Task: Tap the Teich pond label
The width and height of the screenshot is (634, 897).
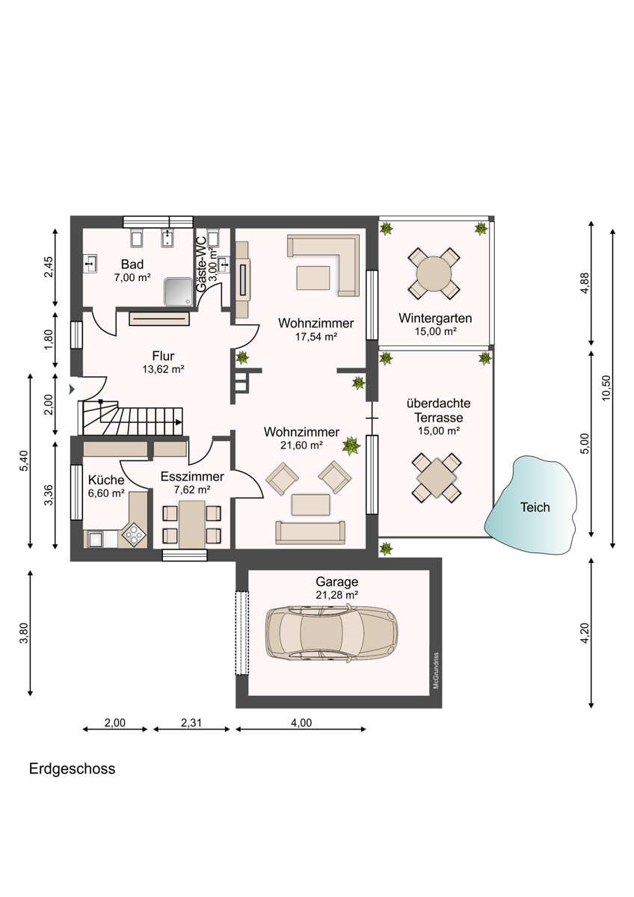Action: [535, 508]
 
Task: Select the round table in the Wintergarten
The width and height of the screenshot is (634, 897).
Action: [434, 274]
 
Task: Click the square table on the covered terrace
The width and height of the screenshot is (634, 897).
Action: [434, 476]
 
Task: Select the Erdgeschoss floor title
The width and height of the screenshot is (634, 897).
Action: [73, 768]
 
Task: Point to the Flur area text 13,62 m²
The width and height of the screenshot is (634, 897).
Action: [163, 369]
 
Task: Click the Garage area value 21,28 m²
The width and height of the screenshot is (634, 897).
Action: [336, 594]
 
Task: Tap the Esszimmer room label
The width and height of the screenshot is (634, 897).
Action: [192, 476]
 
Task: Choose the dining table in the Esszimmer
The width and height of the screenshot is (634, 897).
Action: [192, 524]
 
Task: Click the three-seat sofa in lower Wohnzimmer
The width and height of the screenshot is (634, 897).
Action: [310, 531]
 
